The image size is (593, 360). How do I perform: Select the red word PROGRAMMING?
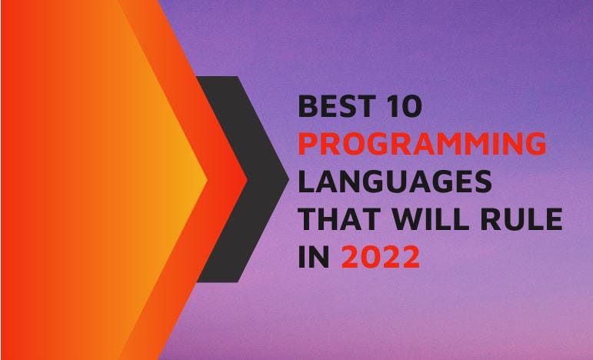[422, 145]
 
